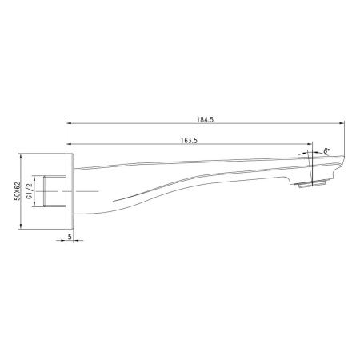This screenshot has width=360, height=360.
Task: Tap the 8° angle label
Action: tap(326, 150)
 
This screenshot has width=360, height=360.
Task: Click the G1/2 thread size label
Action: tap(30, 193)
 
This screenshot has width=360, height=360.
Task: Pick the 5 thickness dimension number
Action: tap(70, 237)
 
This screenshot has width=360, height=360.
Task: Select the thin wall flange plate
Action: tap(70, 192)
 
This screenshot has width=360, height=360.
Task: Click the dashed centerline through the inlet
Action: tap(88, 192)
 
